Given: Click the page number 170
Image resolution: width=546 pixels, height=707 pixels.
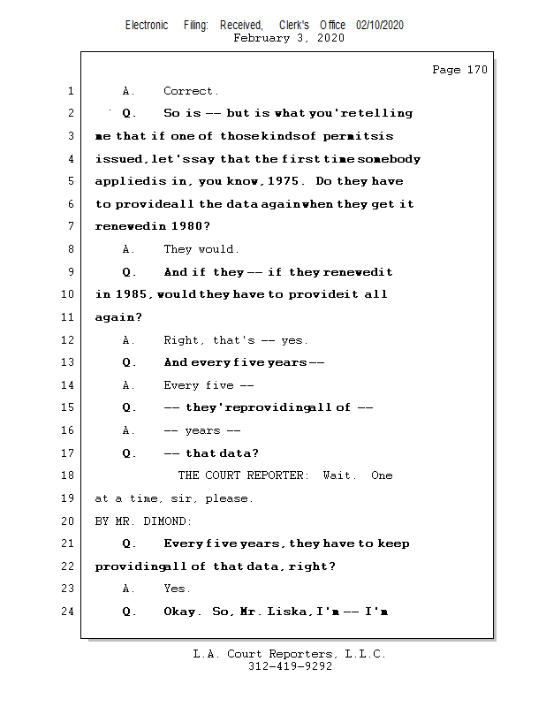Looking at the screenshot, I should tap(476, 70).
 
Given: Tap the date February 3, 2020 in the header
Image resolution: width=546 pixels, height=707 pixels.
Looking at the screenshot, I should tap(289, 39).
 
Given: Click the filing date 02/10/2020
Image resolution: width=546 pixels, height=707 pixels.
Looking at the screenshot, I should tap(380, 26).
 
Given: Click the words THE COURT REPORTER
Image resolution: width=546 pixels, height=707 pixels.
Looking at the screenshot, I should tap(244, 475).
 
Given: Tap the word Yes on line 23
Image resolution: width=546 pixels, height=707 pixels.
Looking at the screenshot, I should tap(177, 589).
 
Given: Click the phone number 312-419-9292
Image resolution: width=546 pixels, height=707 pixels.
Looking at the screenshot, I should tap(290, 667).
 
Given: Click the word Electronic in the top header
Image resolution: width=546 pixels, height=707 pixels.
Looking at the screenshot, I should tap(147, 26).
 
